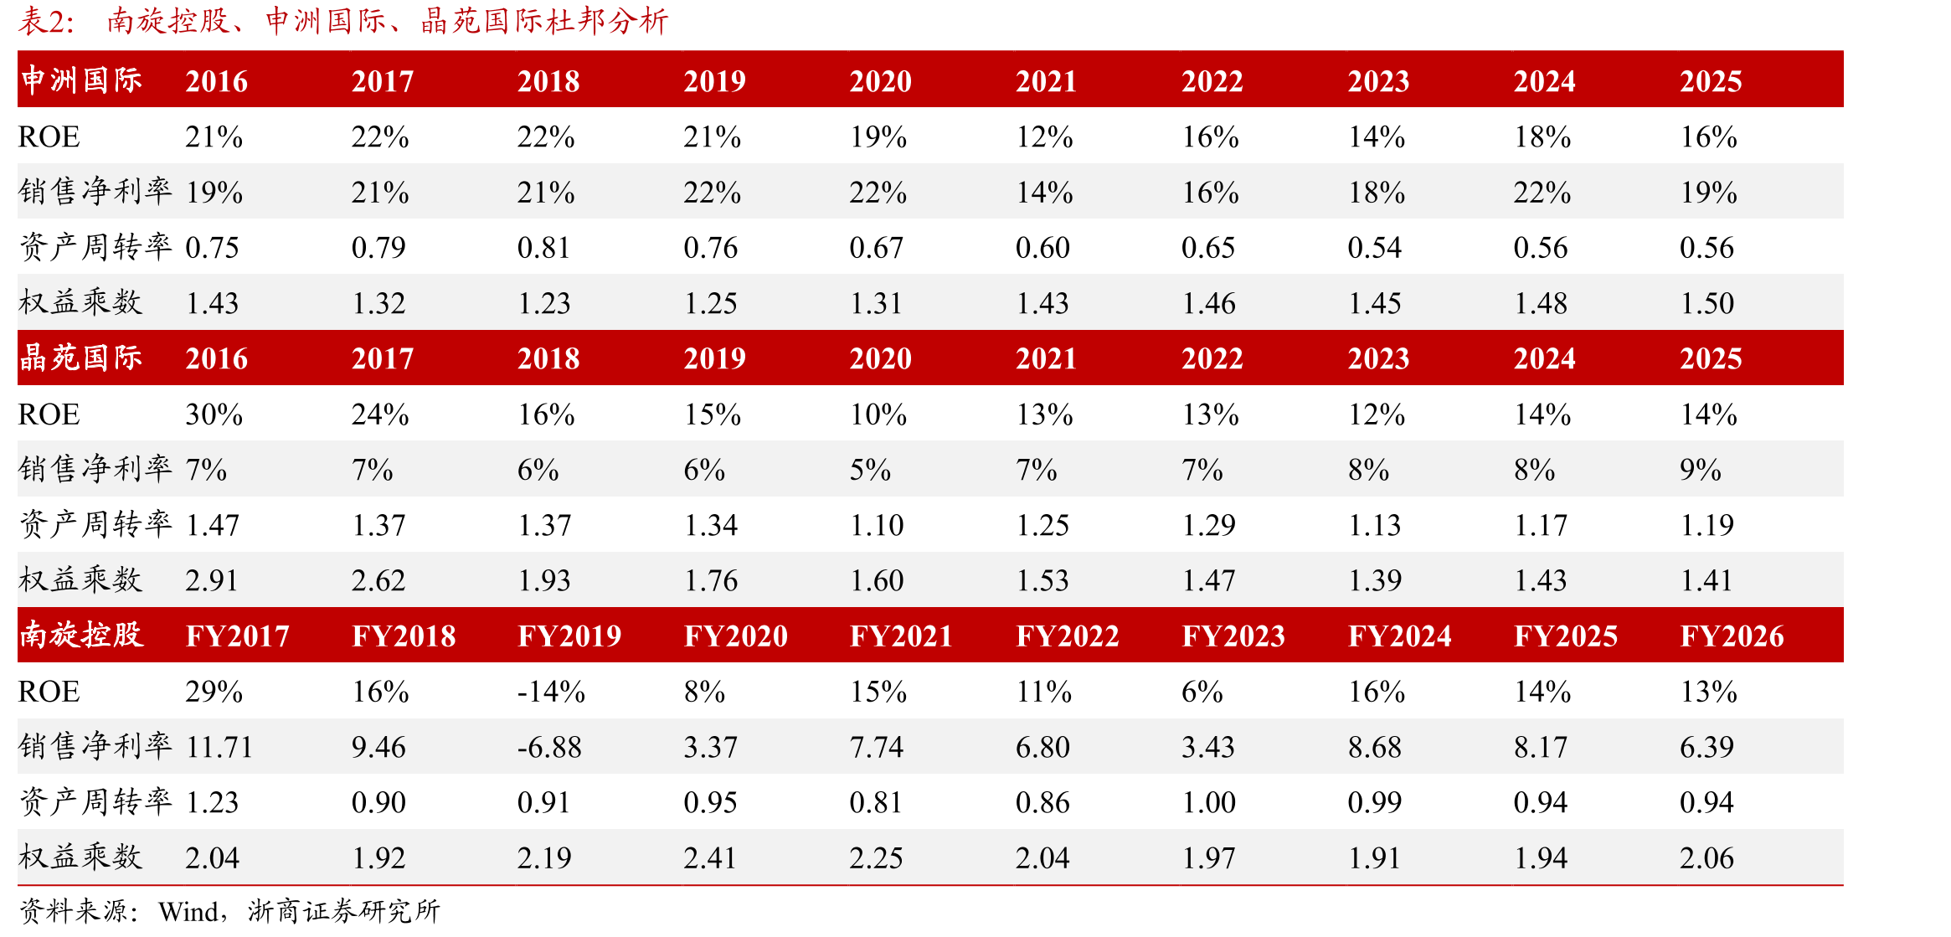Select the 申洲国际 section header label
(x=81, y=80)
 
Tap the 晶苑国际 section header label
(x=81, y=358)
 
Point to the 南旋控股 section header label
(x=81, y=635)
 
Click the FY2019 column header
(x=569, y=636)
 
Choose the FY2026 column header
(x=1732, y=636)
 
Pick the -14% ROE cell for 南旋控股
(x=551, y=692)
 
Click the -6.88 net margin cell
(x=549, y=747)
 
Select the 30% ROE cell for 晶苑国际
(x=214, y=414)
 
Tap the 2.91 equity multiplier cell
(x=212, y=580)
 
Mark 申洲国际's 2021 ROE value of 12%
(x=1044, y=137)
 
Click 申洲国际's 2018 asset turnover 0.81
(x=543, y=248)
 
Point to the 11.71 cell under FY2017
(x=219, y=747)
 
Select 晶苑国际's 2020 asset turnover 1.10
(x=877, y=525)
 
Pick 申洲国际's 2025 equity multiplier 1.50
(x=1707, y=303)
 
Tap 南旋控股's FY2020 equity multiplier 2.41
(x=710, y=858)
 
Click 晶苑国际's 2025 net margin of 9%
(x=1701, y=470)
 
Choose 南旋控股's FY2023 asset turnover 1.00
(x=1209, y=802)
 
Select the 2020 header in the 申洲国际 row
(x=880, y=81)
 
